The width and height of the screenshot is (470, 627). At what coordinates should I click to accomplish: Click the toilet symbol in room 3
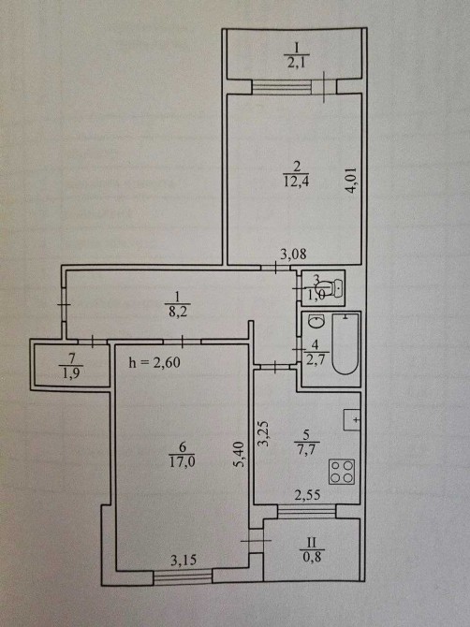pyautogui.click(x=329, y=287)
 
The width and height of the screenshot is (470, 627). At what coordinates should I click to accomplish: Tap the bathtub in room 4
pyautogui.click(x=345, y=344)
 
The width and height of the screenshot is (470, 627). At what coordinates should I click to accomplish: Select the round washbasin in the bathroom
pyautogui.click(x=316, y=321)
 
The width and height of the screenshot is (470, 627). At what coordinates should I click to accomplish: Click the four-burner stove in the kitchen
pyautogui.click(x=342, y=472)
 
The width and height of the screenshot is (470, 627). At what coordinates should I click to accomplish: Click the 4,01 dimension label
pyautogui.click(x=352, y=182)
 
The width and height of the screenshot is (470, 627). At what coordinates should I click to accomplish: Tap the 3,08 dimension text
pyautogui.click(x=293, y=254)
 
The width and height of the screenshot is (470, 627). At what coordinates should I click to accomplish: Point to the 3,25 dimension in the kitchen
pyautogui.click(x=264, y=434)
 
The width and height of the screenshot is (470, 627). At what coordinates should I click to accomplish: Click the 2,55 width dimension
pyautogui.click(x=307, y=496)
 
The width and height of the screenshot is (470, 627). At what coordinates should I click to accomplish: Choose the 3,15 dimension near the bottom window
pyautogui.click(x=184, y=561)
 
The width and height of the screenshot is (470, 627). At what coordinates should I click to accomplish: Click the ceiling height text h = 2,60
pyautogui.click(x=154, y=362)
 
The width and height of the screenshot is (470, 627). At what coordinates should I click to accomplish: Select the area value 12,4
pyautogui.click(x=298, y=182)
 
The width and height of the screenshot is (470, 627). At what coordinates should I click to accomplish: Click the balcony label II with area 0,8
pyautogui.click(x=312, y=549)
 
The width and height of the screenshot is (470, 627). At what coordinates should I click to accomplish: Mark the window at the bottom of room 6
pyautogui.click(x=183, y=577)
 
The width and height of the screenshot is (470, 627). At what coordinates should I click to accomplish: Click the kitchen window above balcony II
pyautogui.click(x=307, y=511)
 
